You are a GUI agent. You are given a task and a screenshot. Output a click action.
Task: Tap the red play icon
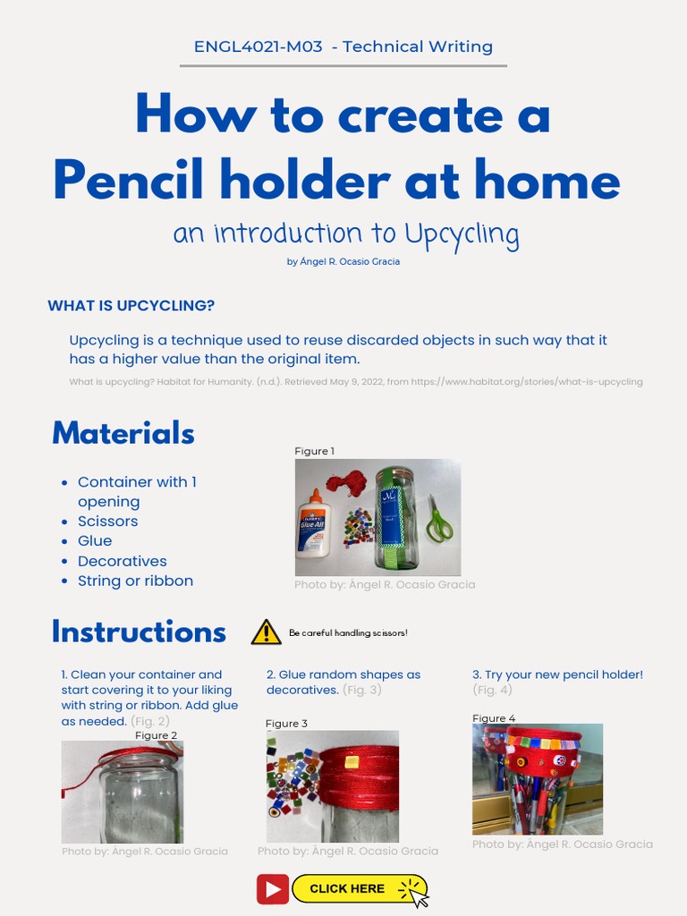[273, 889]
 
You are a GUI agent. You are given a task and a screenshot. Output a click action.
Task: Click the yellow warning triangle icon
[266, 632]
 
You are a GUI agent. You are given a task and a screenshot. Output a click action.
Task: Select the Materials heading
[123, 433]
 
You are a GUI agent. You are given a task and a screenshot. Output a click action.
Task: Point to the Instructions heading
[139, 632]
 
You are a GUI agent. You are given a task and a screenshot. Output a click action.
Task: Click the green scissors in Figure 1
[438, 519]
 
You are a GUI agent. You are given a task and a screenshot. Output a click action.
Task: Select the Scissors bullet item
[107, 521]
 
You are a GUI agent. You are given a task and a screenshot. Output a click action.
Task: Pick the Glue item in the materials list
[95, 540]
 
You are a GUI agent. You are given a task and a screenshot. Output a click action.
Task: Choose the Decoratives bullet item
[122, 561]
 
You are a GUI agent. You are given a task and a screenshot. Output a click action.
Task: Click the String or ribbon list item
[135, 581]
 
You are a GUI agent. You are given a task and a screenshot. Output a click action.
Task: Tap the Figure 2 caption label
[156, 735]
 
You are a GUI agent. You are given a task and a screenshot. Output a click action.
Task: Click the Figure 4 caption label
[494, 718]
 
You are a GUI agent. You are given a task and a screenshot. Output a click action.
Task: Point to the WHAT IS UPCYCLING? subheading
[131, 306]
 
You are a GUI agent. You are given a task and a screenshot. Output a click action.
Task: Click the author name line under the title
[343, 261]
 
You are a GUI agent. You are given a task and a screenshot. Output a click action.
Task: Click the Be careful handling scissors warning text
[348, 633]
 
